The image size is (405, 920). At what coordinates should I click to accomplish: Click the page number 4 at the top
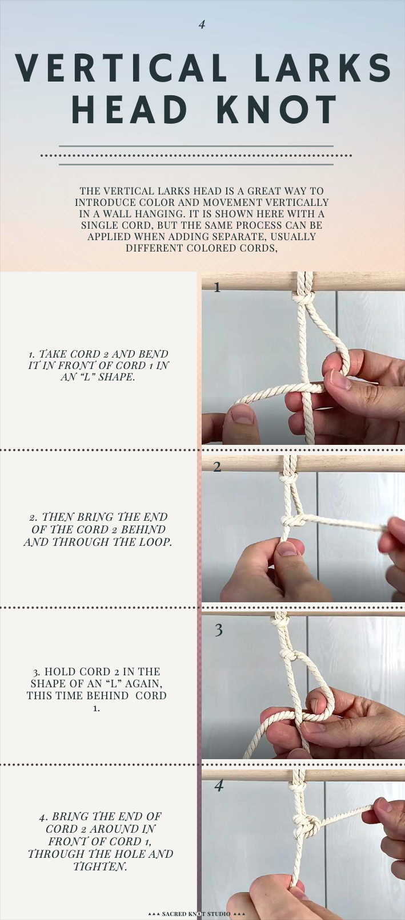click(202, 25)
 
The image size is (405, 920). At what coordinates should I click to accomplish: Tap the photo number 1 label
click(217, 287)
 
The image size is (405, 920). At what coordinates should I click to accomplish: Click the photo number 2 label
click(217, 467)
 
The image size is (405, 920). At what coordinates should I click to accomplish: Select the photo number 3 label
click(218, 630)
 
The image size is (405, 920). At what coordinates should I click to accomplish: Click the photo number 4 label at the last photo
click(218, 785)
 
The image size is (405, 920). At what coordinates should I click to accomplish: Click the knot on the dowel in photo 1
click(304, 298)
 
